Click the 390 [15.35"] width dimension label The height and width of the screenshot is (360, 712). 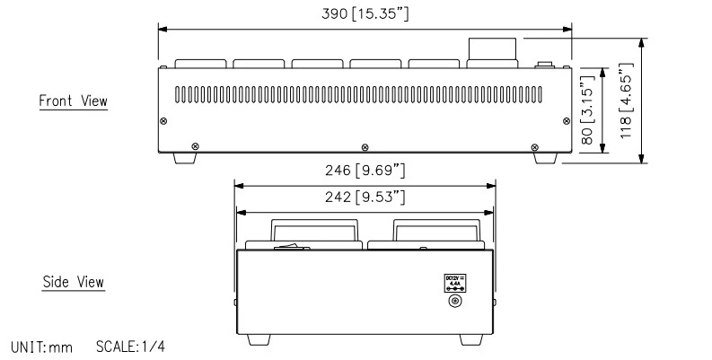(x=365, y=14)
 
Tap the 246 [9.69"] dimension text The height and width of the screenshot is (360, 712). (x=365, y=170)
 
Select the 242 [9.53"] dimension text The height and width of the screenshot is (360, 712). (x=365, y=196)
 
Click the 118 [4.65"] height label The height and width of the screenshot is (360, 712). (x=625, y=100)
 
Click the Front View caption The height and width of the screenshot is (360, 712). (x=73, y=101)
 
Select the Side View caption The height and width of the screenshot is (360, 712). (x=74, y=282)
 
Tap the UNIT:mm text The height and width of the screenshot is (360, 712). (x=41, y=346)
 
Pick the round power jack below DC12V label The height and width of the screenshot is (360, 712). (x=454, y=302)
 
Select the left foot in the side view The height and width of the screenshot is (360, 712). (x=259, y=339)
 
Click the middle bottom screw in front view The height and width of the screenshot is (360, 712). (x=364, y=146)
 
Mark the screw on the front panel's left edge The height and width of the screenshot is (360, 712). (x=163, y=121)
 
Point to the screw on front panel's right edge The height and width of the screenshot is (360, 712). (x=566, y=121)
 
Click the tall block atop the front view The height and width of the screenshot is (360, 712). (x=492, y=52)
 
